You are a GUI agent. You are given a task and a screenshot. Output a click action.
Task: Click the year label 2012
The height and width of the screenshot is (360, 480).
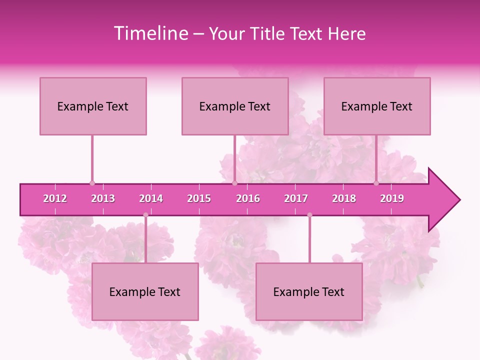(55, 198)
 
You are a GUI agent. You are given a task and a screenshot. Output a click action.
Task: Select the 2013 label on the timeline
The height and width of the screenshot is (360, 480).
(103, 198)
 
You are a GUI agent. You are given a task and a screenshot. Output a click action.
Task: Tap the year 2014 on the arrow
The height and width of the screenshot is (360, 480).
(151, 198)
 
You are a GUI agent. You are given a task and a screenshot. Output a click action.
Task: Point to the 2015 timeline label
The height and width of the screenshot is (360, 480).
(199, 198)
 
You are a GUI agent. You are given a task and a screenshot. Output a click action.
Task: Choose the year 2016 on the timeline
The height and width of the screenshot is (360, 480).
(248, 198)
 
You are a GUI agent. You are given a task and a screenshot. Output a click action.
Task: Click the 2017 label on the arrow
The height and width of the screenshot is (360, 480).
(296, 198)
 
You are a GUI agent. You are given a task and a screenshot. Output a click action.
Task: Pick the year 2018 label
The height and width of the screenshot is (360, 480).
(344, 198)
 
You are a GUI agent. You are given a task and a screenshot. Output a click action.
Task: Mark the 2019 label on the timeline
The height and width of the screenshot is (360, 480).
(392, 198)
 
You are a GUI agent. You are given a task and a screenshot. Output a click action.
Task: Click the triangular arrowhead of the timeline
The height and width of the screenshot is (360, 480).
(442, 200)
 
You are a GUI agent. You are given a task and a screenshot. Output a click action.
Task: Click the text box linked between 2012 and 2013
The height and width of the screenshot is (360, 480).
(93, 106)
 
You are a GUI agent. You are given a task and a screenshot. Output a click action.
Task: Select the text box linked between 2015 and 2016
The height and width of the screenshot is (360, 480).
(235, 106)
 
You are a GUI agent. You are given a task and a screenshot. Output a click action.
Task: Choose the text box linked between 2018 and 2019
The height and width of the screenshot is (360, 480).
(377, 106)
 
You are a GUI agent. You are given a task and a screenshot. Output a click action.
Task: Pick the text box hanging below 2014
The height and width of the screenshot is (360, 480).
(145, 291)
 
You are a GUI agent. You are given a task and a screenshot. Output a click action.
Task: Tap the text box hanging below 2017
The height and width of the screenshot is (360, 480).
(309, 291)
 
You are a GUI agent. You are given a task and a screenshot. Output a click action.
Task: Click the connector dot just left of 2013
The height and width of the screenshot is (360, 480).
(92, 183)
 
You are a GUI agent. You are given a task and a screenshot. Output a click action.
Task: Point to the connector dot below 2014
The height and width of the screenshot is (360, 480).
(145, 215)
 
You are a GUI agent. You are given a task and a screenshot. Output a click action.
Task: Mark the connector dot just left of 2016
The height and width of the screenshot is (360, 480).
(234, 183)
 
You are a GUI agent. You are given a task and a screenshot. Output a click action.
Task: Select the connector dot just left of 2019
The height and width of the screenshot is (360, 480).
(376, 183)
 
